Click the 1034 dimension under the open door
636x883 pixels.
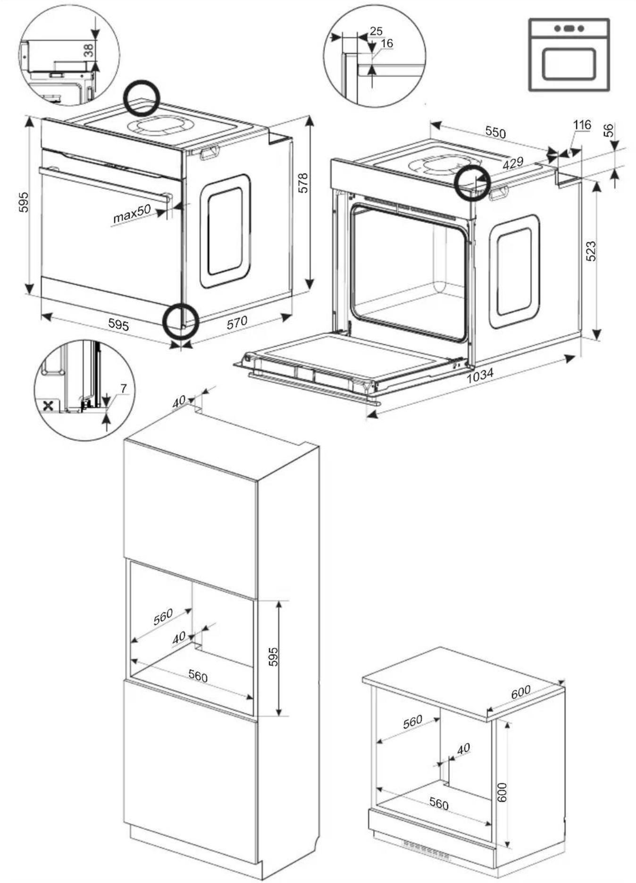[x=480, y=375]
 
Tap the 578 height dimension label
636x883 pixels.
[x=303, y=183]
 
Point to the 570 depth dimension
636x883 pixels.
[x=237, y=323]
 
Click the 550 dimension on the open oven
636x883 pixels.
[x=495, y=132]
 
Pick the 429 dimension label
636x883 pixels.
[x=513, y=162]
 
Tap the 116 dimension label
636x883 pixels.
[x=582, y=125]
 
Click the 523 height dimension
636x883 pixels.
[x=591, y=251]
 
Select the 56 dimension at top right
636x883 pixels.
[x=609, y=130]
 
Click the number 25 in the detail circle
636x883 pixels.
[x=376, y=31]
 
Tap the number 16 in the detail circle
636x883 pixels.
[x=386, y=43]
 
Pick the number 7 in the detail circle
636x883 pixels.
[x=124, y=389]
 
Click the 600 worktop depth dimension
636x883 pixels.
[x=521, y=692]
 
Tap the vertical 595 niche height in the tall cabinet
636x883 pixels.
[x=273, y=656]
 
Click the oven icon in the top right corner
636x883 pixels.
[x=569, y=55]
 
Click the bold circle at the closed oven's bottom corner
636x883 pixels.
[x=180, y=322]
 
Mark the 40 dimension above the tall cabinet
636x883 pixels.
[x=179, y=402]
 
